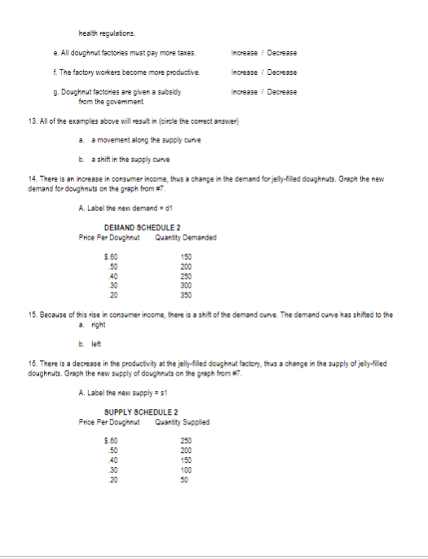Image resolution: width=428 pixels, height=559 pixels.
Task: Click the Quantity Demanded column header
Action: (184, 238)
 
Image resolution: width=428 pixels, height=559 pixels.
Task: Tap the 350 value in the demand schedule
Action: (186, 294)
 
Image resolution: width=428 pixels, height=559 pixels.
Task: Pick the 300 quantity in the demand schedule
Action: (186, 287)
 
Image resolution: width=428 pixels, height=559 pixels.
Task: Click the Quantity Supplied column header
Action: (182, 422)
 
